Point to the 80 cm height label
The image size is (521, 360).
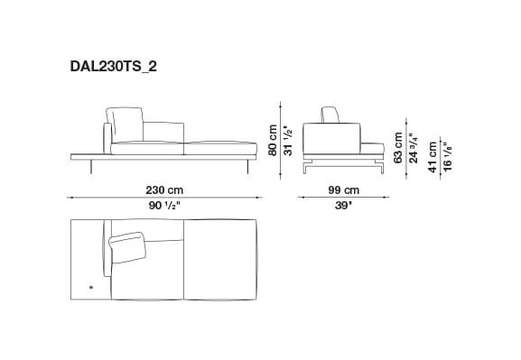269,141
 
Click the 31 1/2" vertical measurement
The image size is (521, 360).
286,141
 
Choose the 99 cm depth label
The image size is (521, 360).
344,190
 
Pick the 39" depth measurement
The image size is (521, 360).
344,205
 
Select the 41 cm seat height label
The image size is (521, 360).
433,156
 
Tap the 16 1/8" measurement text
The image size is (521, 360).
449,156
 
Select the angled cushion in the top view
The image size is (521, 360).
129,244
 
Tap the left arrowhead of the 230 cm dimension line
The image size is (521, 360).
72,198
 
